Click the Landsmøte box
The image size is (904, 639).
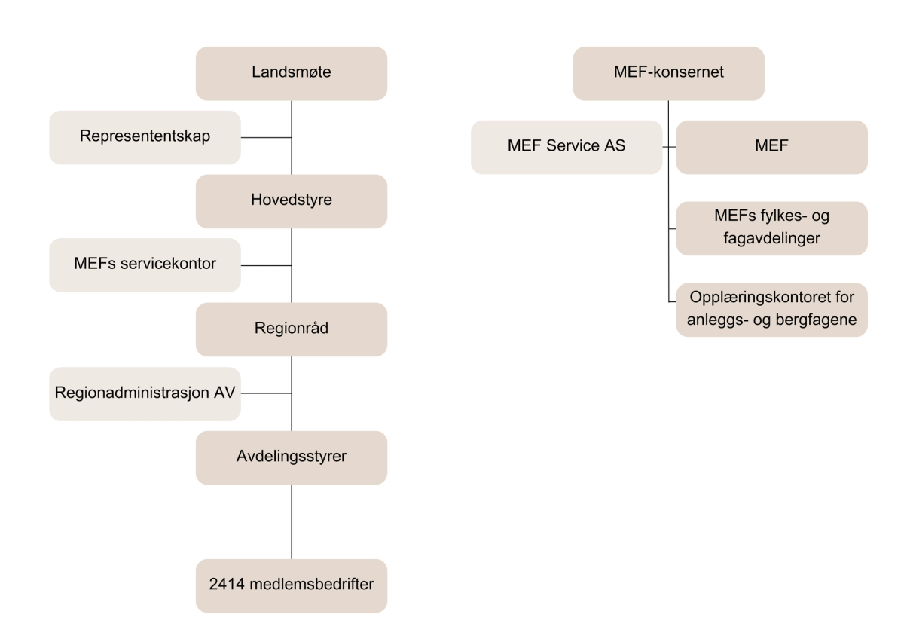coord(292,73)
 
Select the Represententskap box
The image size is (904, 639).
coord(145,137)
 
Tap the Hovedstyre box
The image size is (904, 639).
coord(292,201)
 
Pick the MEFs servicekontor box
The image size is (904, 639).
coord(145,265)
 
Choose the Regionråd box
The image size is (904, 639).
coord(292,329)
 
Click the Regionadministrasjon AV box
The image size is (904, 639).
coord(145,393)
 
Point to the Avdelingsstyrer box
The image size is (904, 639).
coord(292,457)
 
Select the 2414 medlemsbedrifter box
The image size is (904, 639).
coord(292,585)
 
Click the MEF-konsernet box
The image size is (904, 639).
coord(669,73)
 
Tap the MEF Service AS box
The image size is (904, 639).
coord(567,147)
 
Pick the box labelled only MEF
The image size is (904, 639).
coord(771,147)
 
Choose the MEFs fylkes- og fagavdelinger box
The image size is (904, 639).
coord(771,228)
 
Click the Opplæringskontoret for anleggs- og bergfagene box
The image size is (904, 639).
coord(771,309)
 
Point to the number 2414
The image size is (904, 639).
coord(225,585)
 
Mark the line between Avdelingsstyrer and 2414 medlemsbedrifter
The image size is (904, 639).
coord(292,521)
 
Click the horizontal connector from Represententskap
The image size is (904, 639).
coord(266,137)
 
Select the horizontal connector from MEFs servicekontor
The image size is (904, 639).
coord(266,265)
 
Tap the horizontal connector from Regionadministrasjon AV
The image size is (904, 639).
coord(266,393)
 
